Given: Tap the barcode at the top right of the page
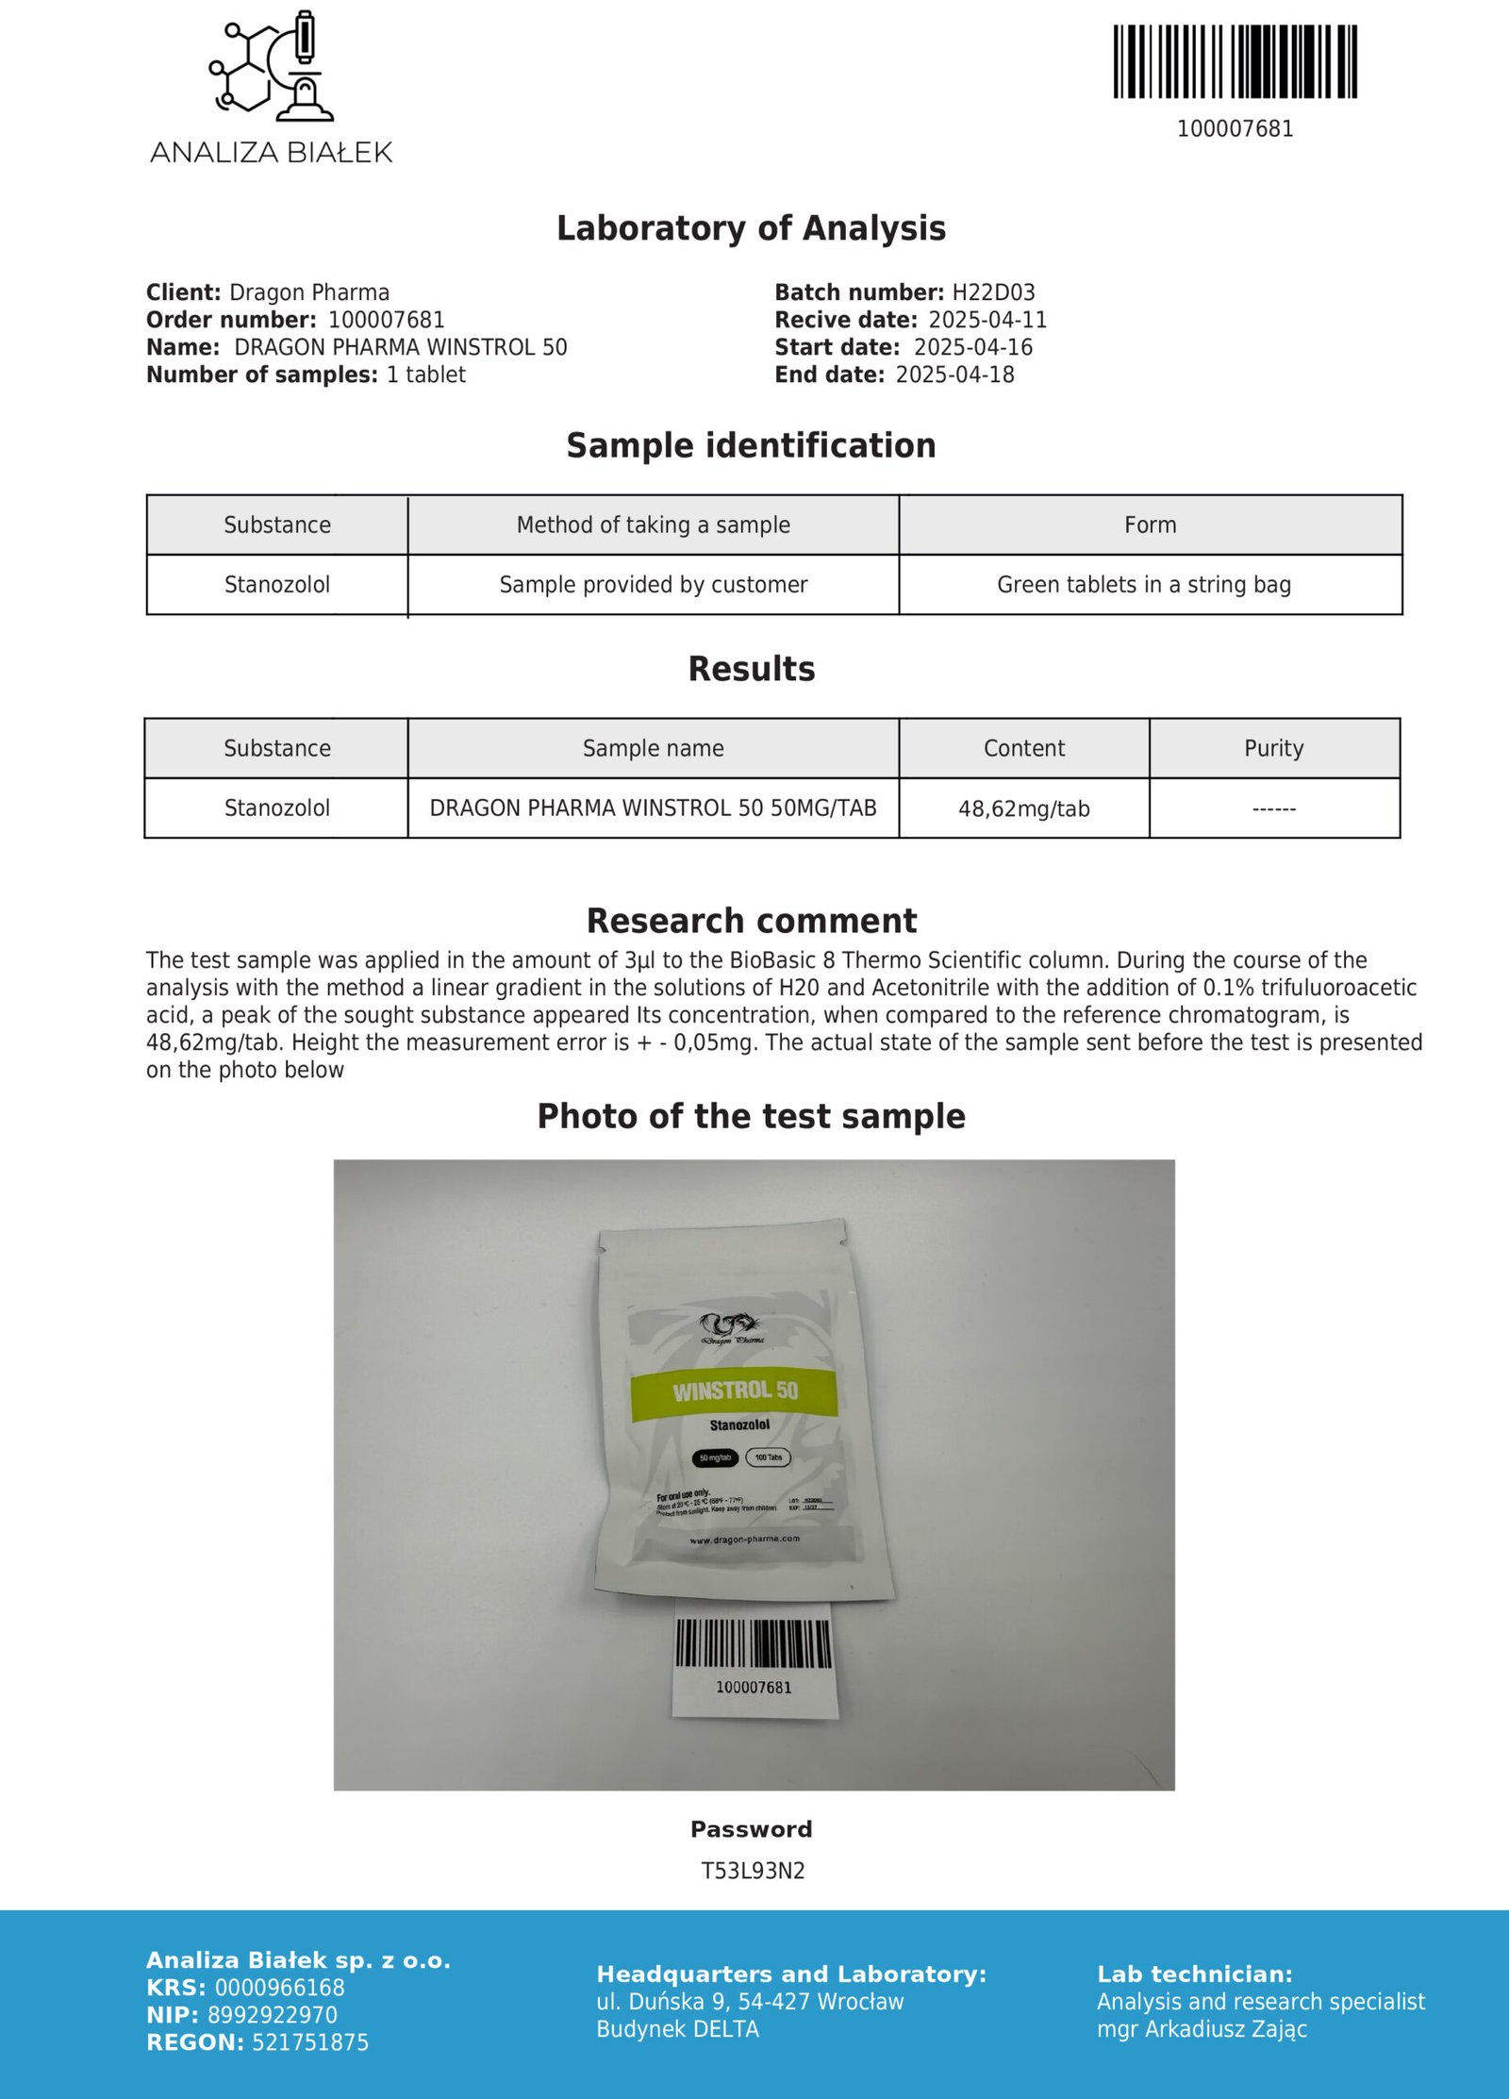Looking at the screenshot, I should [1235, 62].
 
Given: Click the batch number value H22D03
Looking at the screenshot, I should [993, 292].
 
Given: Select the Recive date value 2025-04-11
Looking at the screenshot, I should [987, 320].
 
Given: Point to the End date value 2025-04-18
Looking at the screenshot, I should [954, 375].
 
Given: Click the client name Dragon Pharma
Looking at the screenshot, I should [309, 292].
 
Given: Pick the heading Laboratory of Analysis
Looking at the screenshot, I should [751, 228].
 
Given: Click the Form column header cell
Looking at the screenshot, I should [1150, 525].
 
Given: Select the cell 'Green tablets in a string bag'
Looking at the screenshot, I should [1143, 585].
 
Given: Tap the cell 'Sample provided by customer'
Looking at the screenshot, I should [653, 585].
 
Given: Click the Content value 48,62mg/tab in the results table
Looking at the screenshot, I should [1023, 808].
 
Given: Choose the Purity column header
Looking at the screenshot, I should [1273, 748].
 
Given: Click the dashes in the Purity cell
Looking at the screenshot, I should [1273, 808].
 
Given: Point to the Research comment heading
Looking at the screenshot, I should [751, 921].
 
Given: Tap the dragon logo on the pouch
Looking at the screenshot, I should [731, 1326].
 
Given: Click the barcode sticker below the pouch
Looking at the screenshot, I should [754, 1662].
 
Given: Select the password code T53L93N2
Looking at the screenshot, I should [753, 1871].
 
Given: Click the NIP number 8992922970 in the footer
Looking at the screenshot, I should [272, 2015].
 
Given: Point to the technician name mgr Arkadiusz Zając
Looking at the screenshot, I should [1202, 2029].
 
